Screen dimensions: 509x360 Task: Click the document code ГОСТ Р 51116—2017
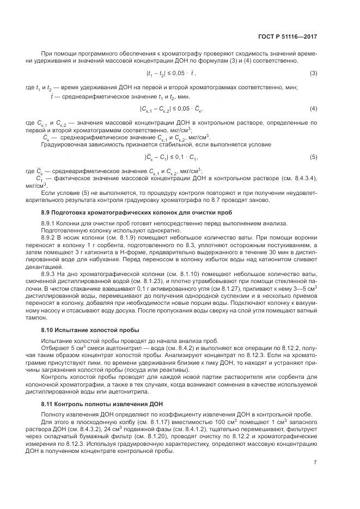tap(288, 37)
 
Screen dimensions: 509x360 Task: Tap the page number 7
tap(315, 463)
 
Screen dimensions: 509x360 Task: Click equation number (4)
tap(313, 109)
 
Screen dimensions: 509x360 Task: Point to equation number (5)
tap(313, 157)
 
